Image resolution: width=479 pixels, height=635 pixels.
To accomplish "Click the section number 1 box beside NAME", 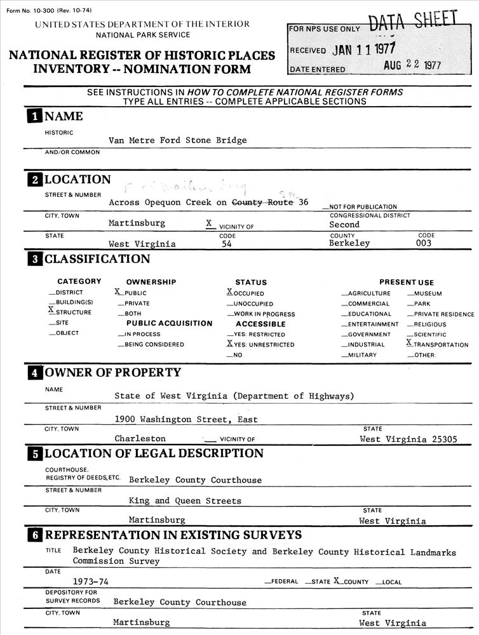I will point(33,116).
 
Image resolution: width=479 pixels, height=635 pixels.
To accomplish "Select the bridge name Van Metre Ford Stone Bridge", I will point(177,140).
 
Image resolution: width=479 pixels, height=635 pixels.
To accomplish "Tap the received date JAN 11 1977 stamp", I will point(363,50).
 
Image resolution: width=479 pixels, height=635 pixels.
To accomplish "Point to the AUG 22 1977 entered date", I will point(412,66).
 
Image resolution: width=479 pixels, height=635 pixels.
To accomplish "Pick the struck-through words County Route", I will point(262,203).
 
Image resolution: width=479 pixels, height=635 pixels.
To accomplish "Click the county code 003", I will point(424,243).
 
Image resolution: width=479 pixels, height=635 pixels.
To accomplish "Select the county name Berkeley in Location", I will point(349,243).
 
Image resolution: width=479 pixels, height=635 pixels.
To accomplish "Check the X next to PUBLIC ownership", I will point(118,292).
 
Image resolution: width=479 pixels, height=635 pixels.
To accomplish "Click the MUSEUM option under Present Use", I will point(427,293).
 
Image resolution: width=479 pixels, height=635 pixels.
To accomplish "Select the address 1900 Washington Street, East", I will point(186,419).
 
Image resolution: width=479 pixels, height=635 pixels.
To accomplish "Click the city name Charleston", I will point(140,439).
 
